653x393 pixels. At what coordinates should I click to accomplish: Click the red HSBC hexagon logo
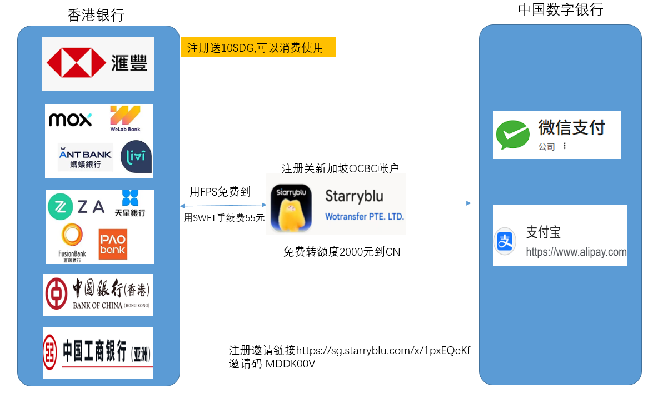pyautogui.click(x=76, y=63)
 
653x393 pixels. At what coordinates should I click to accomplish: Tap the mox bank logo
pyautogui.click(x=71, y=120)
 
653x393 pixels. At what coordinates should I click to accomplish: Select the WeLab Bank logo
pyautogui.click(x=125, y=119)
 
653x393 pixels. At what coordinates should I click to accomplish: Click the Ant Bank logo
pyautogui.click(x=86, y=157)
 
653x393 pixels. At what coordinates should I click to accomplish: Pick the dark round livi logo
pyautogui.click(x=136, y=157)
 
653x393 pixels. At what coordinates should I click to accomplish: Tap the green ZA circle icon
pyautogui.click(x=61, y=207)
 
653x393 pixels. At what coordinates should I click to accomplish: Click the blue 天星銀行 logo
pyautogui.click(x=130, y=203)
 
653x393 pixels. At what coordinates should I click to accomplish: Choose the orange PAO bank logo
pyautogui.click(x=113, y=244)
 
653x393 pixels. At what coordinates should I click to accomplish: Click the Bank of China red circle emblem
pyautogui.click(x=56, y=294)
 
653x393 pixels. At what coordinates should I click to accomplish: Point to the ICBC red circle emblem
pyautogui.click(x=50, y=352)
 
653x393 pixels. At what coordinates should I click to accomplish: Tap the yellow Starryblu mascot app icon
pyautogui.click(x=291, y=208)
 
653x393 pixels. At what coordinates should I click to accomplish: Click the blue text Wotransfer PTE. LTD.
pyautogui.click(x=365, y=217)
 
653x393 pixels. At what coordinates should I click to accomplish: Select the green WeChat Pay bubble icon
pyautogui.click(x=512, y=135)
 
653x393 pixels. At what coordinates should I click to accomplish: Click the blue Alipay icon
pyautogui.click(x=505, y=241)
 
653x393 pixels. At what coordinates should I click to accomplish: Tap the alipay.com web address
pyautogui.click(x=576, y=252)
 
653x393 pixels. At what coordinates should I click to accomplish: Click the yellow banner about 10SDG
pyautogui.click(x=258, y=47)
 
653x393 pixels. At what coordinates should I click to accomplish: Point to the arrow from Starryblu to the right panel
pyautogui.click(x=440, y=203)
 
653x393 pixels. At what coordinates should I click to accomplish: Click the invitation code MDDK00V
pyautogui.click(x=290, y=364)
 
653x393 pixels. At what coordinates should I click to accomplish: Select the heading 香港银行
pyautogui.click(x=96, y=15)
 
